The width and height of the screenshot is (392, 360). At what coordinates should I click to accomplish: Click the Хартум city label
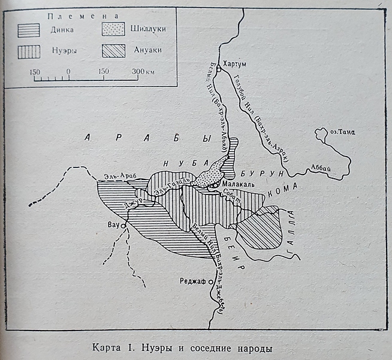pyautogui.click(x=236, y=62)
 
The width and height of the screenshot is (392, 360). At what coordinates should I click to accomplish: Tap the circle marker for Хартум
pyautogui.click(x=219, y=70)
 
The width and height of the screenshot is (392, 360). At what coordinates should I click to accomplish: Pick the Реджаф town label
pyautogui.click(x=194, y=281)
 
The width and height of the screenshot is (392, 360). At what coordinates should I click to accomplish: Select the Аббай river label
pyautogui.click(x=319, y=169)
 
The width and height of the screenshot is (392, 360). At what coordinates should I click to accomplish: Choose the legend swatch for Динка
pyautogui.click(x=29, y=30)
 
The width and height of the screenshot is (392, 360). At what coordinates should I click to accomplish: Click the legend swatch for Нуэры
pyautogui.click(x=29, y=52)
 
